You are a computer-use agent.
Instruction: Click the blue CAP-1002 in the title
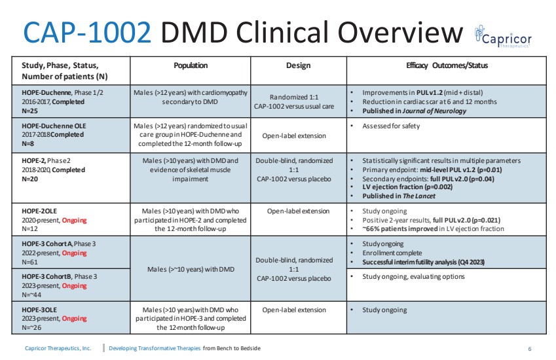[x=87, y=33]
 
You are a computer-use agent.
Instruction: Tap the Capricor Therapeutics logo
[x=503, y=37]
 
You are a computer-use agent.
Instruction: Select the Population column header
[x=191, y=65]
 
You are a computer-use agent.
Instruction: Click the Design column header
[x=298, y=65]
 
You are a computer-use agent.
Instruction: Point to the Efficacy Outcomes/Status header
[x=447, y=65]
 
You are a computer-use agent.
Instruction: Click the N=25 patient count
[x=29, y=111]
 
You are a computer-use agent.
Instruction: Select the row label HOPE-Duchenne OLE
[x=54, y=126]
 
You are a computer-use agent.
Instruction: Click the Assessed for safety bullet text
[x=391, y=126]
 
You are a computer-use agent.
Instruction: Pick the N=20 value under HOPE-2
[x=29, y=179]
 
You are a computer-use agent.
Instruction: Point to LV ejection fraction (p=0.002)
[x=407, y=187]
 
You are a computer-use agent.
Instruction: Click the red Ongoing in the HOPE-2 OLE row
[x=74, y=220]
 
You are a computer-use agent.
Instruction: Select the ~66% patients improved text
[x=399, y=228]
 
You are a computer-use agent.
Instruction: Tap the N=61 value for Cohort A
[x=29, y=262]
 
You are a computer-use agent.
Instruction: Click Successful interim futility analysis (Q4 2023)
[x=423, y=262]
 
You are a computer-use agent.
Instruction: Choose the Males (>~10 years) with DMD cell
[x=191, y=269]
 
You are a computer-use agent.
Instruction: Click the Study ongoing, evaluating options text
[x=413, y=276]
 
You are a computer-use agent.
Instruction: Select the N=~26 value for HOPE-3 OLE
[x=31, y=327]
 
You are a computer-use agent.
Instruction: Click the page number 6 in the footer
[x=530, y=349]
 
